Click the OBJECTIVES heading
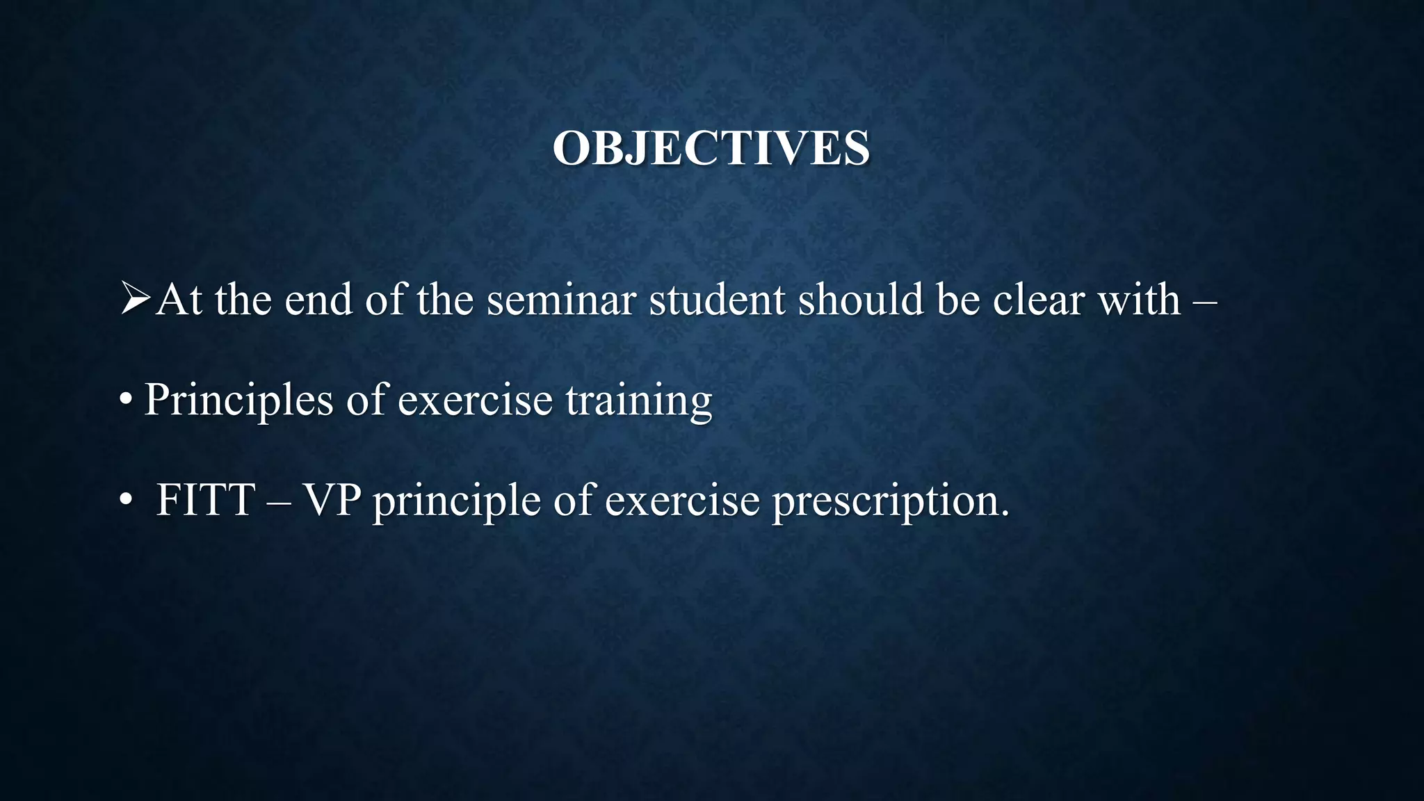click(711, 148)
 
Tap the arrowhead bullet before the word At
click(135, 299)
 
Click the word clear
click(1039, 300)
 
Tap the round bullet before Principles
click(126, 401)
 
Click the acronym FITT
click(205, 500)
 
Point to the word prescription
click(890, 501)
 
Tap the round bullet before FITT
click(126, 501)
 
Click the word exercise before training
click(475, 401)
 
